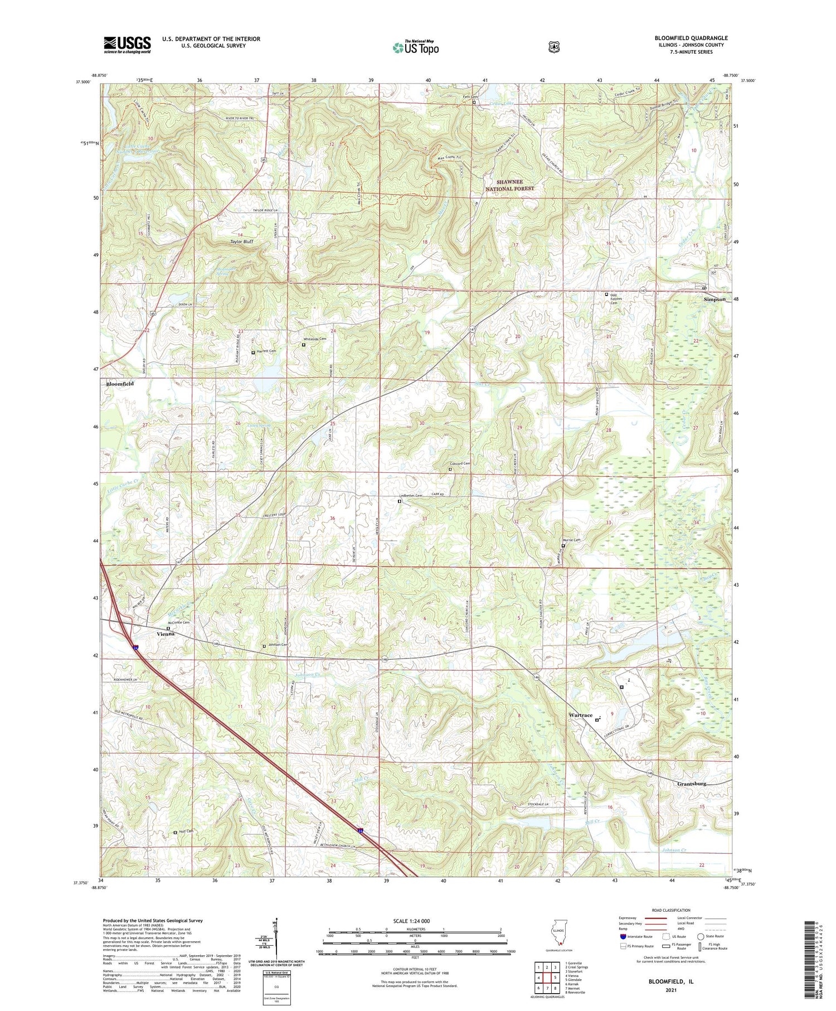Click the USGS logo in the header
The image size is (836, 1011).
click(x=127, y=45)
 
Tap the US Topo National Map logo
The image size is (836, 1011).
click(x=415, y=47)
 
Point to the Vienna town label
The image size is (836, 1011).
click(x=166, y=634)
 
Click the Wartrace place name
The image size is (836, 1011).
click(x=580, y=715)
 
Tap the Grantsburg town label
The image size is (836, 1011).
click(x=692, y=783)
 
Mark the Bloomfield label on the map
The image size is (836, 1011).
click(x=120, y=384)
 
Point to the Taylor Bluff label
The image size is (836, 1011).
click(x=242, y=241)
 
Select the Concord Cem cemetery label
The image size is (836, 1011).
click(x=460, y=464)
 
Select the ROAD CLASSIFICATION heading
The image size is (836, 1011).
click(x=669, y=910)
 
